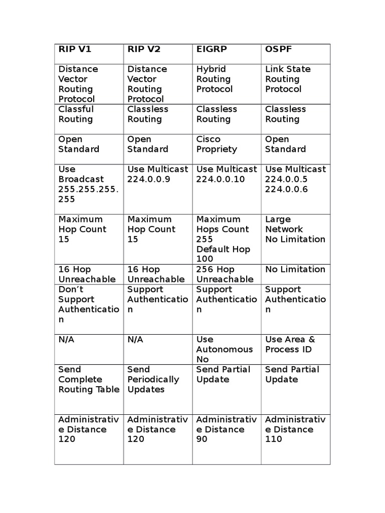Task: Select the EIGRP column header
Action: click(x=212, y=49)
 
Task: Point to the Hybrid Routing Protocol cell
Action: click(x=215, y=79)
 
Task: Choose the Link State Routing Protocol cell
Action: click(x=288, y=79)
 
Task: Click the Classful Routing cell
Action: click(x=76, y=114)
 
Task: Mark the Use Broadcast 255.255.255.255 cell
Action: click(x=88, y=184)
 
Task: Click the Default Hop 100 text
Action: click(x=223, y=254)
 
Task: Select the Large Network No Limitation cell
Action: click(x=295, y=229)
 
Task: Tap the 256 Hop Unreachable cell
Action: click(x=225, y=275)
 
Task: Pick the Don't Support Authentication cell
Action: click(x=88, y=305)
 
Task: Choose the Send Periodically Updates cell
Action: click(x=153, y=380)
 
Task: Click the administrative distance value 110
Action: click(x=274, y=439)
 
